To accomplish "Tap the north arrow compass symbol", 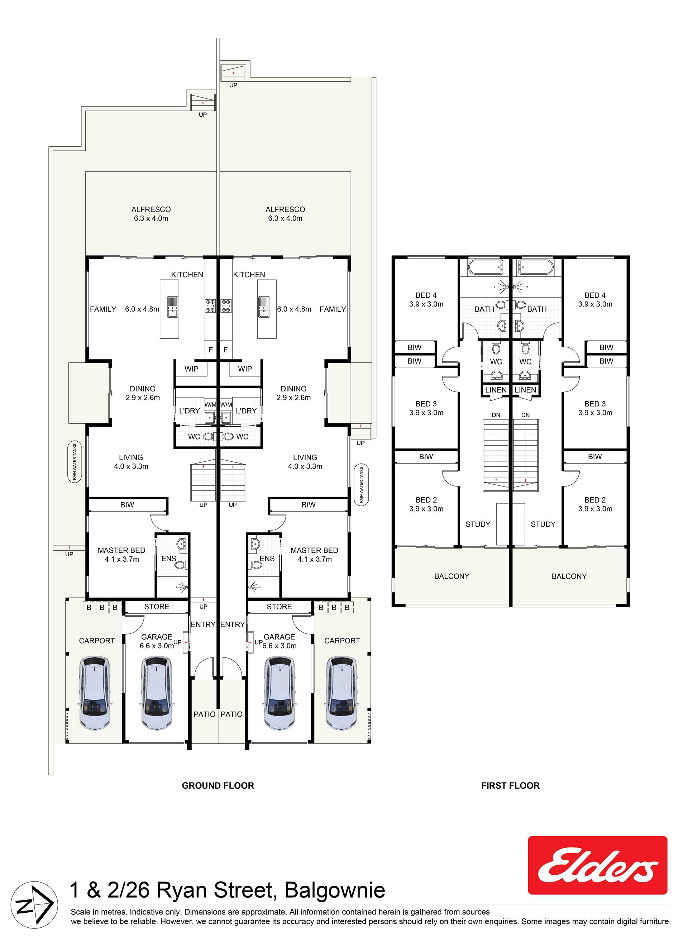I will (34, 905).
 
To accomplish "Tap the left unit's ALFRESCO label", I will (151, 209).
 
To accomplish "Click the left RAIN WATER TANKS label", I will (75, 462).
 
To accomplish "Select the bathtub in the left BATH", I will (485, 267).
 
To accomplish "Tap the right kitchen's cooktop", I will (226, 306).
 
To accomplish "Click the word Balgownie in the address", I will (334, 890).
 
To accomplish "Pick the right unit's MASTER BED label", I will (314, 550).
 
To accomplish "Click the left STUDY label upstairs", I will (478, 524).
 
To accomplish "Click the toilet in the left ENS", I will (181, 565).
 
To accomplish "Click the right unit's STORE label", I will (279, 607).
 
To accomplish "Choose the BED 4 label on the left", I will (426, 295).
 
